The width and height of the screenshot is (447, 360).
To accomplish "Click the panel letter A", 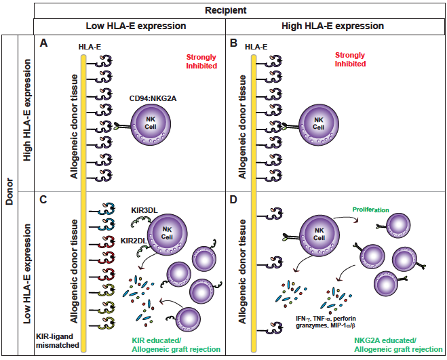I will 44,43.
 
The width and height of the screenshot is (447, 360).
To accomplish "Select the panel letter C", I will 44,201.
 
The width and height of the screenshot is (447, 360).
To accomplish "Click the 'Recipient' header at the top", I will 224,10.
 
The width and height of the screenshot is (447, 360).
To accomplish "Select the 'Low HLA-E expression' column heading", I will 129,26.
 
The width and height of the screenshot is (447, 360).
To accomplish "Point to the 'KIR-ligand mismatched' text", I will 57,340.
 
